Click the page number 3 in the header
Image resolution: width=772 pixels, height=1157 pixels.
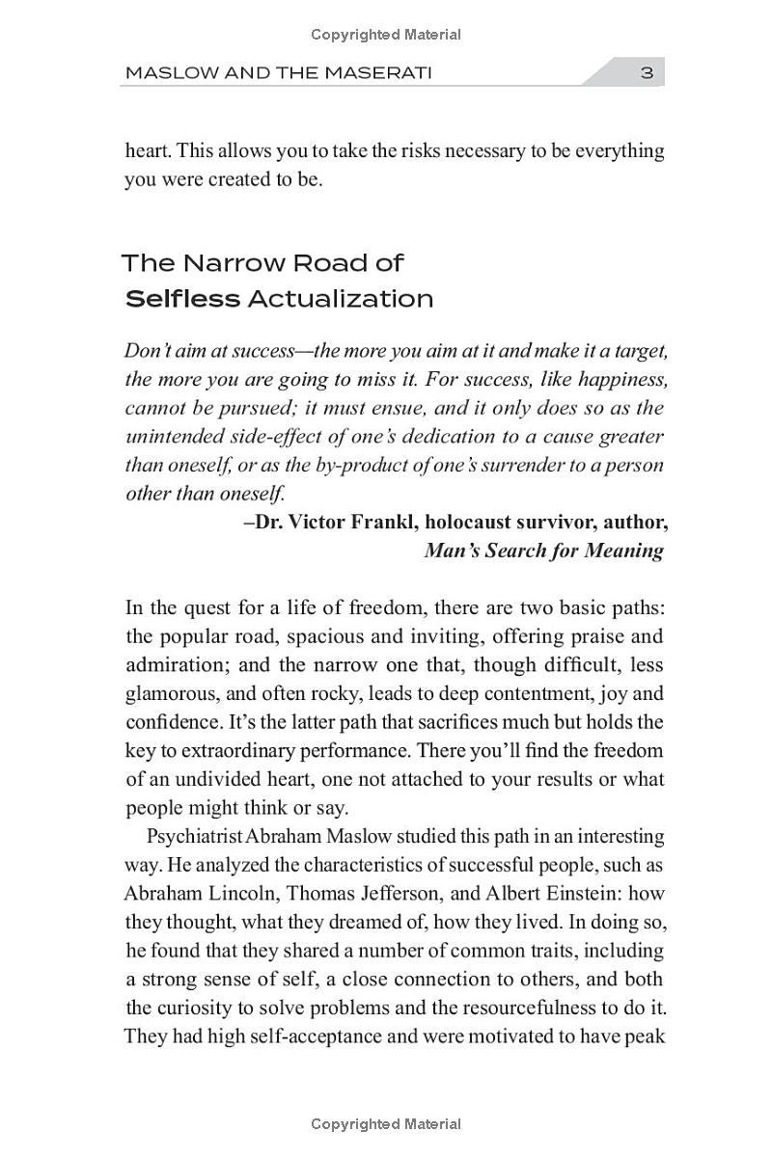click(x=647, y=72)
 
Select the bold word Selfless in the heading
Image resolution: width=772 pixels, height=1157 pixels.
click(x=182, y=299)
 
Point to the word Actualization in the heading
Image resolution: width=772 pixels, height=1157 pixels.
click(x=341, y=299)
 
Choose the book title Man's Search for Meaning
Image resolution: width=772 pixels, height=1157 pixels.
click(x=543, y=551)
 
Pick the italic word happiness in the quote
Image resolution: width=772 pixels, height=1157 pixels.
click(x=625, y=378)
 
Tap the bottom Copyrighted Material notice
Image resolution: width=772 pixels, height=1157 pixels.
click(x=386, y=1124)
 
